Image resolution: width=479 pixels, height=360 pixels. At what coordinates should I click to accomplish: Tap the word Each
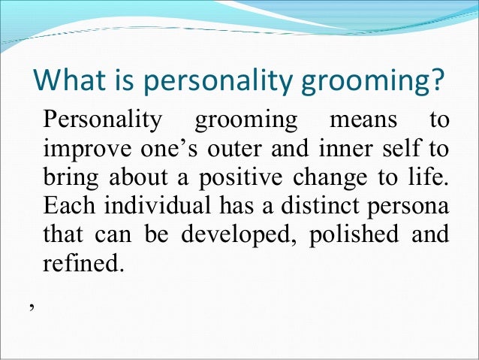(x=66, y=205)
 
